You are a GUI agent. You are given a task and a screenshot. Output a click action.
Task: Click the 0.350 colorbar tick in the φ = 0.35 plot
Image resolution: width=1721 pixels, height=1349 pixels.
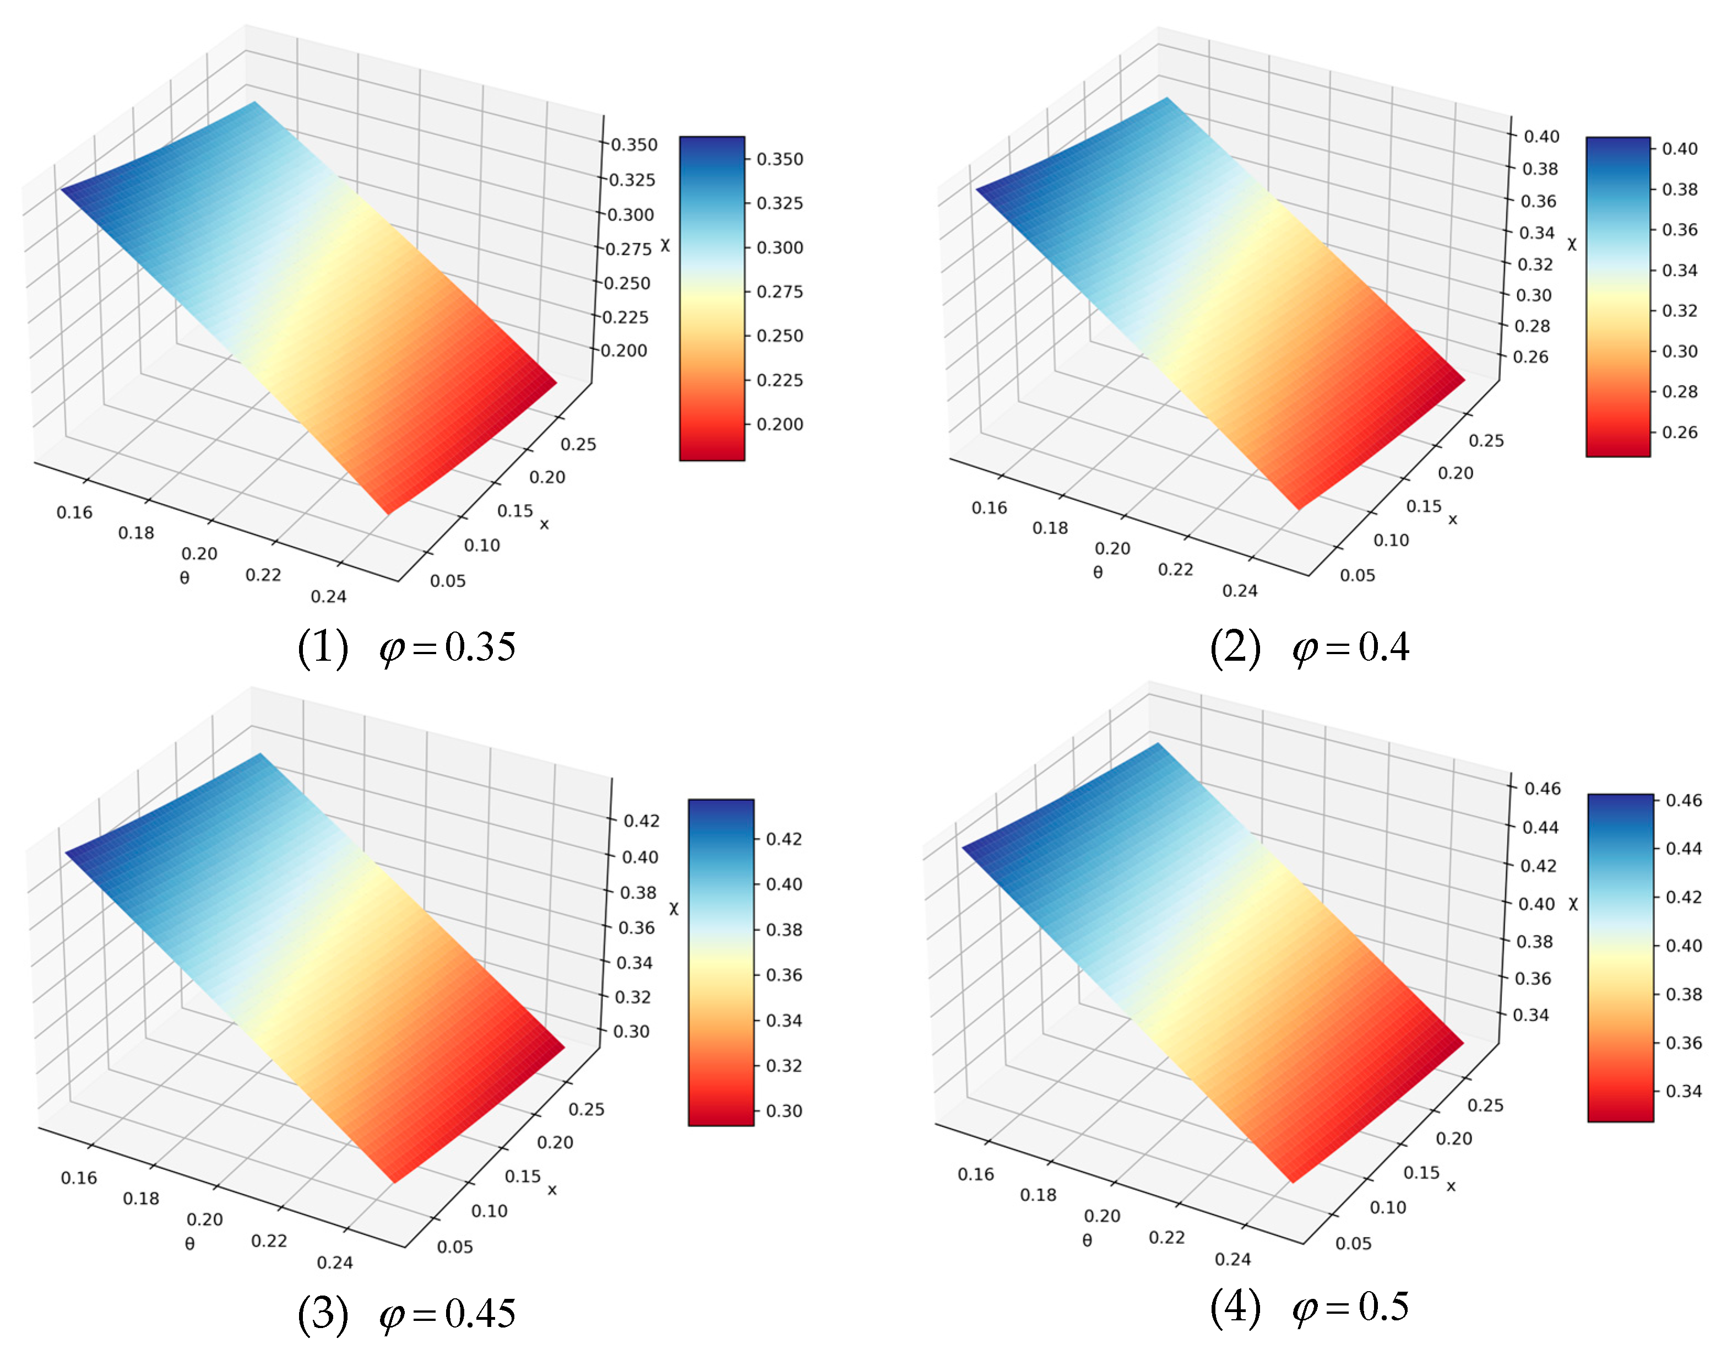tap(779, 160)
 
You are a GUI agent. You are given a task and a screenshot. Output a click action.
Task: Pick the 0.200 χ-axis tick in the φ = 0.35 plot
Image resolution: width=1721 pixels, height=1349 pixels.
tap(623, 350)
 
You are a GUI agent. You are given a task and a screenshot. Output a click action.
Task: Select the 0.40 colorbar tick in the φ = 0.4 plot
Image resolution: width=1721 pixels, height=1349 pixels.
tap(1680, 148)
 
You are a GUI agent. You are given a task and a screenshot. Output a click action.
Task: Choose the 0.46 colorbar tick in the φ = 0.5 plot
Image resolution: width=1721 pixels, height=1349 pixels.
tap(1684, 800)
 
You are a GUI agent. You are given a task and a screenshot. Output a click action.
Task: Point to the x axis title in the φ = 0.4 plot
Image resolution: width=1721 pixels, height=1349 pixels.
tap(1453, 520)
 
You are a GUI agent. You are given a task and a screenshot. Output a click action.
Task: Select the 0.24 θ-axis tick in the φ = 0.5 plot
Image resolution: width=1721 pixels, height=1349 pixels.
tap(1233, 1259)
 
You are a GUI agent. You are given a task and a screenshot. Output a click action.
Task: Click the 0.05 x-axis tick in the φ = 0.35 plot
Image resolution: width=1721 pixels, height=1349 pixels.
tap(448, 581)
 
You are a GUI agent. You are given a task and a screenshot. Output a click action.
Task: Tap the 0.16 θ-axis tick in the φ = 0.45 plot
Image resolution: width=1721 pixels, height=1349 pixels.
tap(79, 1178)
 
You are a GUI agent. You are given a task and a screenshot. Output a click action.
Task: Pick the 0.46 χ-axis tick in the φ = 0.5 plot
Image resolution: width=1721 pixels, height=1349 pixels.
tap(1543, 788)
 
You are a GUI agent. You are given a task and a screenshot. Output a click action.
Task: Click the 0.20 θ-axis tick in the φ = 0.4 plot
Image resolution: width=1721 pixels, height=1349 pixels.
tap(1112, 548)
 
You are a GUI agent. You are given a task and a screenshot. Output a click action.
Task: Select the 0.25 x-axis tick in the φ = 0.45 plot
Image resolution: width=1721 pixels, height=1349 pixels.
tap(587, 1110)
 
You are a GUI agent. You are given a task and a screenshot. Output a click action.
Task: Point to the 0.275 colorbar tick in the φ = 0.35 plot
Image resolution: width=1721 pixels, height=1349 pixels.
tap(779, 292)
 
